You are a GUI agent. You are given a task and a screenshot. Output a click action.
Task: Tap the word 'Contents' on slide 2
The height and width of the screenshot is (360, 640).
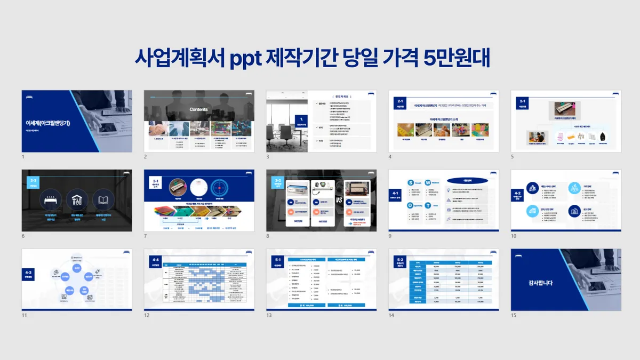pyautogui.click(x=199, y=109)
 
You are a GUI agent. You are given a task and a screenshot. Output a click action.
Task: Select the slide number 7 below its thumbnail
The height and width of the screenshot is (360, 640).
pyautogui.click(x=146, y=236)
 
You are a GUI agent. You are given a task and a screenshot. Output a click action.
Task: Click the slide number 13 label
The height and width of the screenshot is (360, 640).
pyautogui.click(x=269, y=315)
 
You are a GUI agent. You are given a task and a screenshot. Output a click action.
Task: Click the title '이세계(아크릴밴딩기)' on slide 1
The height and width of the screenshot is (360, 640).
pyautogui.click(x=48, y=123)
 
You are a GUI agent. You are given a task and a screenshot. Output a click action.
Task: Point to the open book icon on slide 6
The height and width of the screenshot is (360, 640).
pyautogui.click(x=104, y=201)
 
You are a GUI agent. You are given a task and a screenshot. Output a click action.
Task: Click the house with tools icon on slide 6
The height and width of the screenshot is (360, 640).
pyautogui.click(x=77, y=201)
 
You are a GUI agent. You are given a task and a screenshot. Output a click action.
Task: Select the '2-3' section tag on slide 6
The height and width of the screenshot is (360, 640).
pyautogui.click(x=34, y=181)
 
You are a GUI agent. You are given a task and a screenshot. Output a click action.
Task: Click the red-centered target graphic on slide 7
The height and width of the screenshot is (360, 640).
pyautogui.click(x=223, y=188)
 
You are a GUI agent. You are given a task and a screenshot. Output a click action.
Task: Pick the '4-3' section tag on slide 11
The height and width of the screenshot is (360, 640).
pyautogui.click(x=28, y=274)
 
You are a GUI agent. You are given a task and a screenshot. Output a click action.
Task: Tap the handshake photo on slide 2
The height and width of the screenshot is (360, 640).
pyautogui.click(x=158, y=129)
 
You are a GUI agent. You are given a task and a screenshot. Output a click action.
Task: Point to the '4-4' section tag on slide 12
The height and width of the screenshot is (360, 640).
pyautogui.click(x=155, y=260)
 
